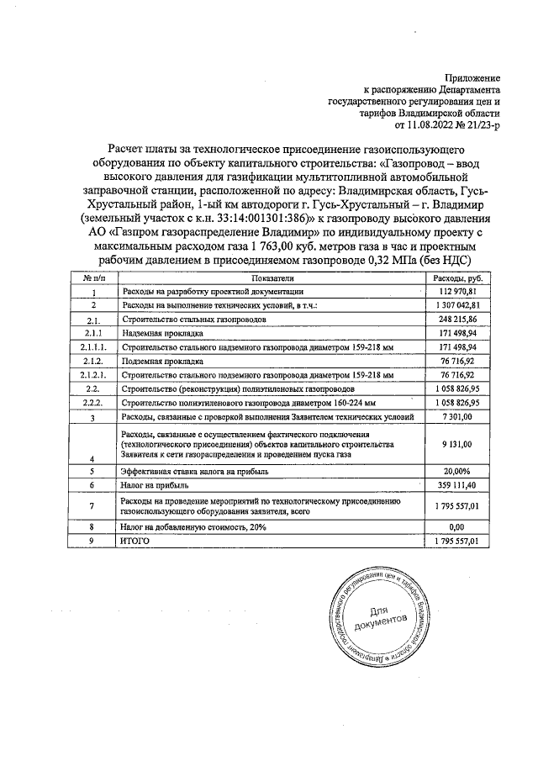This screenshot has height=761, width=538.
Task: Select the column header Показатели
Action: click(x=271, y=277)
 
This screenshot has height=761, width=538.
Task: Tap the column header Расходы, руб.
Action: click(x=458, y=277)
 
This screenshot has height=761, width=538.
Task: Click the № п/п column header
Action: click(x=93, y=277)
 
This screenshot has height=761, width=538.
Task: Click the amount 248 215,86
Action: click(x=459, y=320)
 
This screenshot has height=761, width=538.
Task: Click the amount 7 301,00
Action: click(x=461, y=416)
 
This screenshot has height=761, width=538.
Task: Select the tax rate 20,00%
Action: click(x=460, y=472)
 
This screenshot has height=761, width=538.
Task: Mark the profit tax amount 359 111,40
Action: click(x=459, y=485)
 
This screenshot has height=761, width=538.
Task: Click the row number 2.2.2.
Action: click(x=93, y=403)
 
